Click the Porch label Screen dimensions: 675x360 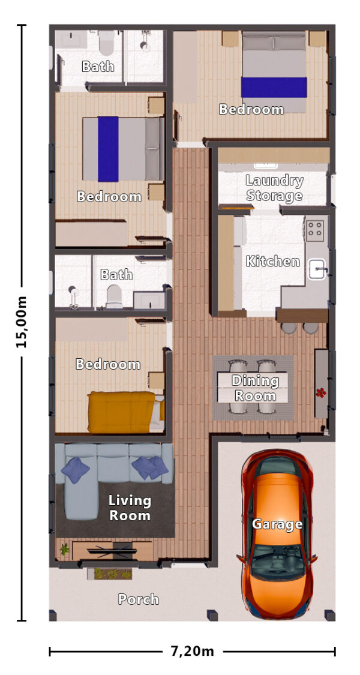(x=138, y=599)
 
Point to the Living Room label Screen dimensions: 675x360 (x=130, y=508)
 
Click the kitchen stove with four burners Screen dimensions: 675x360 (x=316, y=228)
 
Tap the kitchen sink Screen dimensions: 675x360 (x=317, y=269)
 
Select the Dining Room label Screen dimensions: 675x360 (x=255, y=388)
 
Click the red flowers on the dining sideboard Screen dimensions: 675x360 (x=321, y=393)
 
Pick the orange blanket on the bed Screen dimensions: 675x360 (x=121, y=411)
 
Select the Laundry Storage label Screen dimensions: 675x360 (x=274, y=188)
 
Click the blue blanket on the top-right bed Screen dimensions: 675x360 (x=274, y=87)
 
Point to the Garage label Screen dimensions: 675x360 (x=277, y=524)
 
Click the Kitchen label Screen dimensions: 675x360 (x=272, y=261)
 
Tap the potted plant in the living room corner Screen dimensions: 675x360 (x=64, y=548)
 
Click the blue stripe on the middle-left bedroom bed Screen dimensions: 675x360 (x=108, y=148)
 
